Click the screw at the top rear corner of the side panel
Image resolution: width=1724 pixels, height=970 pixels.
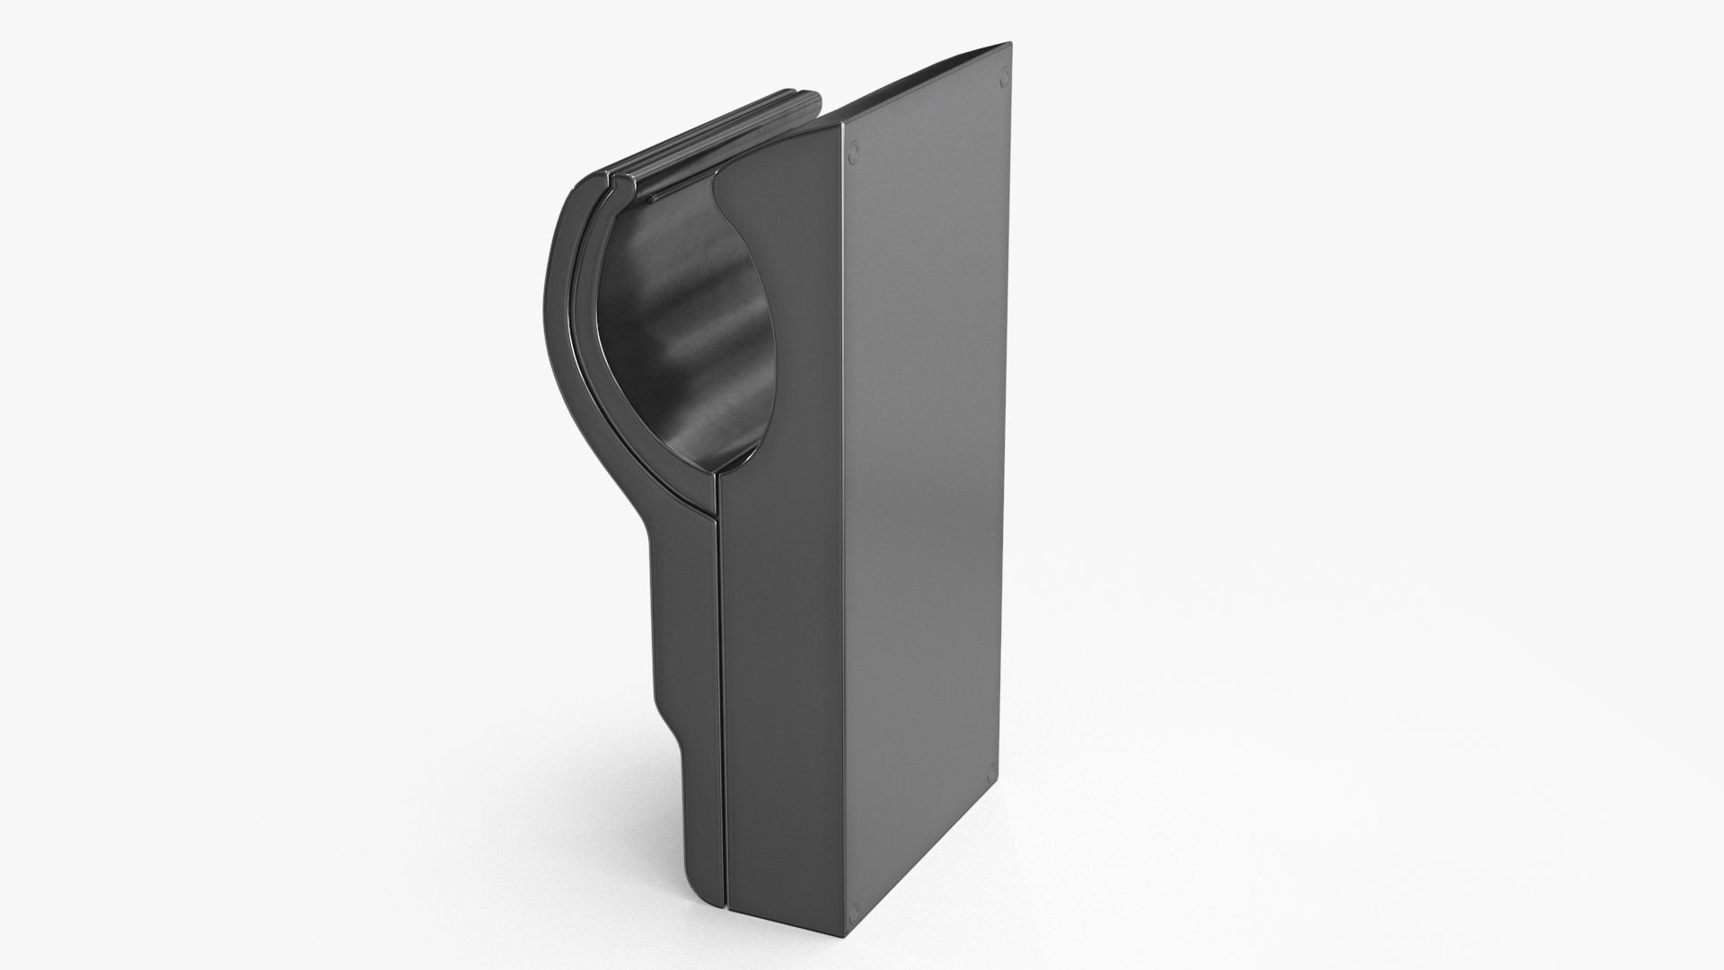(1005, 77)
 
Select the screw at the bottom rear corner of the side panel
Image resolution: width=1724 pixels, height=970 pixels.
(990, 771)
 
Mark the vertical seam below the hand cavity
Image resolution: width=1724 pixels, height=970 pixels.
(720, 701)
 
